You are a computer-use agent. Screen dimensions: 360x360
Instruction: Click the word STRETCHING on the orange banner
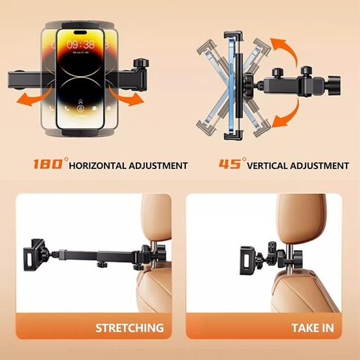click(130, 328)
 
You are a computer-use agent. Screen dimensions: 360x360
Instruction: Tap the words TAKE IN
click(313, 328)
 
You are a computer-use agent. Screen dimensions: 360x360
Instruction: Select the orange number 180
click(48, 164)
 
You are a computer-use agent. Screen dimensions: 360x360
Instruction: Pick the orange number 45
click(229, 164)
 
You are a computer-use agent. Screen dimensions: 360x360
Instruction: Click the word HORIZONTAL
click(97, 166)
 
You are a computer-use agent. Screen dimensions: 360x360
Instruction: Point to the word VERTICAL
click(267, 166)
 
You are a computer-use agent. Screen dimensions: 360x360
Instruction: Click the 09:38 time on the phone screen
click(80, 45)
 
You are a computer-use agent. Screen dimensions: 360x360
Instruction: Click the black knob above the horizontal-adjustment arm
click(141, 63)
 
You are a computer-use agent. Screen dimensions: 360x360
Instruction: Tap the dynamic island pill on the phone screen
click(80, 32)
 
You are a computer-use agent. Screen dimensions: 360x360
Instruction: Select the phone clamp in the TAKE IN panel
click(249, 260)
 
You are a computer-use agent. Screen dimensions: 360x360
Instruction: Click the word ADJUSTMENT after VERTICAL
click(319, 166)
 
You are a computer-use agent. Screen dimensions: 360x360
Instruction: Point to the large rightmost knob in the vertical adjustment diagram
click(334, 85)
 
